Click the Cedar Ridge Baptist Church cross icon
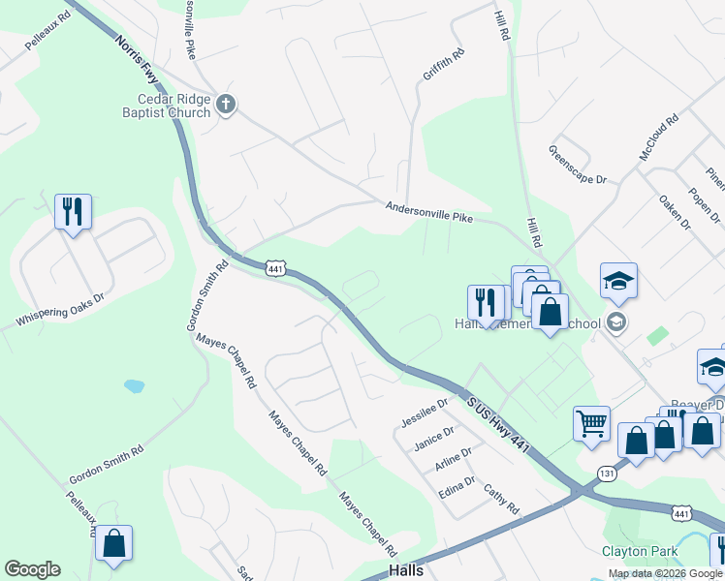pos(226,104)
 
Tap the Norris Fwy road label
pos(137,61)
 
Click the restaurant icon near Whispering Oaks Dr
pos(73,210)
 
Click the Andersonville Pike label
pos(428,212)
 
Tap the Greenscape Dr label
pos(577,166)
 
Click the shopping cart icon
pos(591,422)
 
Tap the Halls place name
pos(405,570)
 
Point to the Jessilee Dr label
pos(425,413)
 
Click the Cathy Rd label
pos(501,500)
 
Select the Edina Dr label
pos(456,486)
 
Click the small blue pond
pos(134,385)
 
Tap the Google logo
pos(32,569)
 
